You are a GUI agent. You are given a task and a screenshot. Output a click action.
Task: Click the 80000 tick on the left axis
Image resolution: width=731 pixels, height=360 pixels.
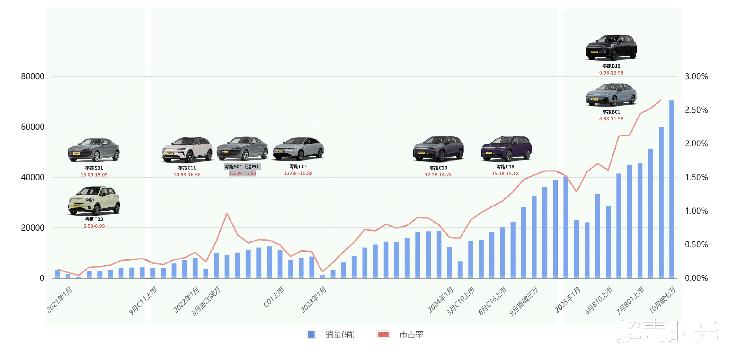tap(33, 76)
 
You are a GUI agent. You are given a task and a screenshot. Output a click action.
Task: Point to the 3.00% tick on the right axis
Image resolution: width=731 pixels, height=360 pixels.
tap(696, 76)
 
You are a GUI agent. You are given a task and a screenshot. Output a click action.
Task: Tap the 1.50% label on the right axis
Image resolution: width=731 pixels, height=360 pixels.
tap(696, 177)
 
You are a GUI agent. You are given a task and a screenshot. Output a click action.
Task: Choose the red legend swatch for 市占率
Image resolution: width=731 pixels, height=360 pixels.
tap(383, 334)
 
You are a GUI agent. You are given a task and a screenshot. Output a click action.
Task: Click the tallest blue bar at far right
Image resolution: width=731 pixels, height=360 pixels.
tap(672, 189)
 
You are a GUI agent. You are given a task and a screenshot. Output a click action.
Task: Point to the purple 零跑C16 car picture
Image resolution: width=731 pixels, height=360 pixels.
tap(506, 148)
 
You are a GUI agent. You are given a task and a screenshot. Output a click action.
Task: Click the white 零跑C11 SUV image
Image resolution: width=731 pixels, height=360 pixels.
tap(187, 150)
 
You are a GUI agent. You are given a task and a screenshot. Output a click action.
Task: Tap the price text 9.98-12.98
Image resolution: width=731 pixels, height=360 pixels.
tap(611, 73)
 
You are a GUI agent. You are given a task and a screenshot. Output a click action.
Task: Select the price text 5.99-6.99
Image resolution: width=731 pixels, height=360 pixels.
tap(94, 226)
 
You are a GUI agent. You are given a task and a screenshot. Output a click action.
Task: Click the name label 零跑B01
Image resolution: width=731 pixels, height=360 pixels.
tap(611, 112)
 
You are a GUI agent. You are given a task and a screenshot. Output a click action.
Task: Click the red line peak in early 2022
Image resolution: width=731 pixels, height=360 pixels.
tap(227, 214)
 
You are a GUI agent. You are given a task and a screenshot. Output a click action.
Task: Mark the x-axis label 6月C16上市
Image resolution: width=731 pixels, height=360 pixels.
tap(493, 301)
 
